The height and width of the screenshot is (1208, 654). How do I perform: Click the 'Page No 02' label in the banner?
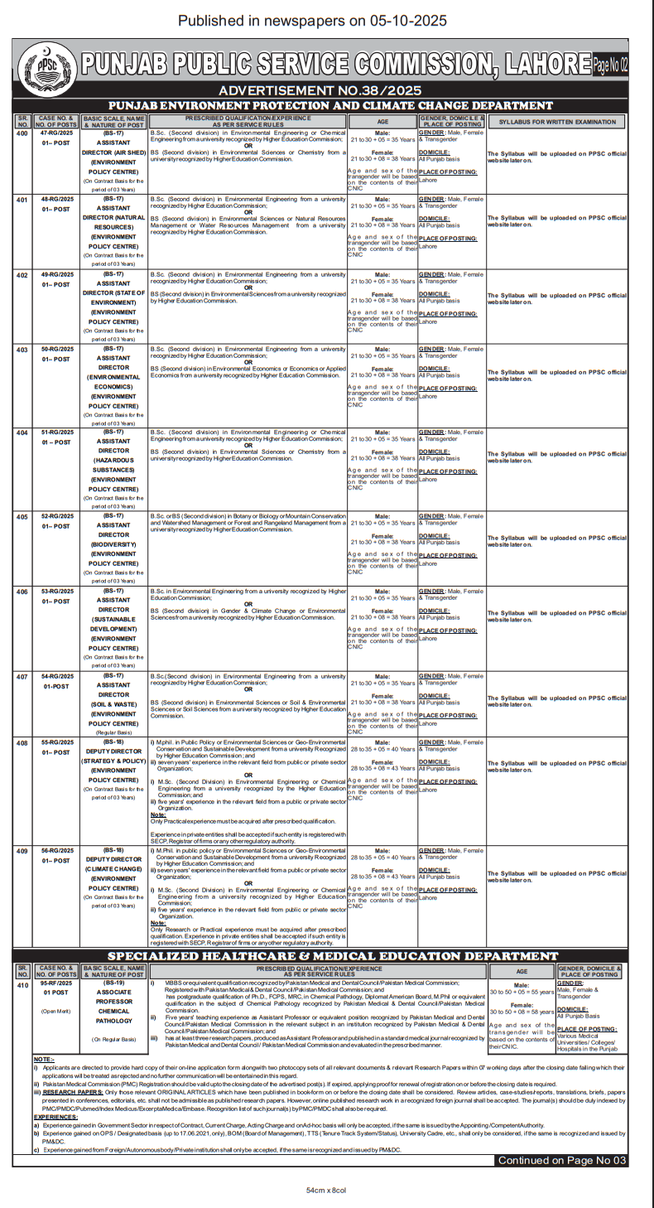click(x=611, y=63)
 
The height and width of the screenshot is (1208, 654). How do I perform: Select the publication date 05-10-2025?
click(x=402, y=21)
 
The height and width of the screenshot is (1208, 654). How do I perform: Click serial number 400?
click(x=22, y=133)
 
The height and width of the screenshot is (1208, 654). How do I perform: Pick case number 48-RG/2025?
click(x=56, y=200)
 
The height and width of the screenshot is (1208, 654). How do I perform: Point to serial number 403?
click(x=22, y=350)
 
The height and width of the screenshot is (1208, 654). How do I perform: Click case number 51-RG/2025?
click(x=56, y=432)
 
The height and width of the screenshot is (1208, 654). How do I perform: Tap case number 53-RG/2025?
click(x=56, y=592)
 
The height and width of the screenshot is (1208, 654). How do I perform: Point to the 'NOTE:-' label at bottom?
click(x=44, y=1060)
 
